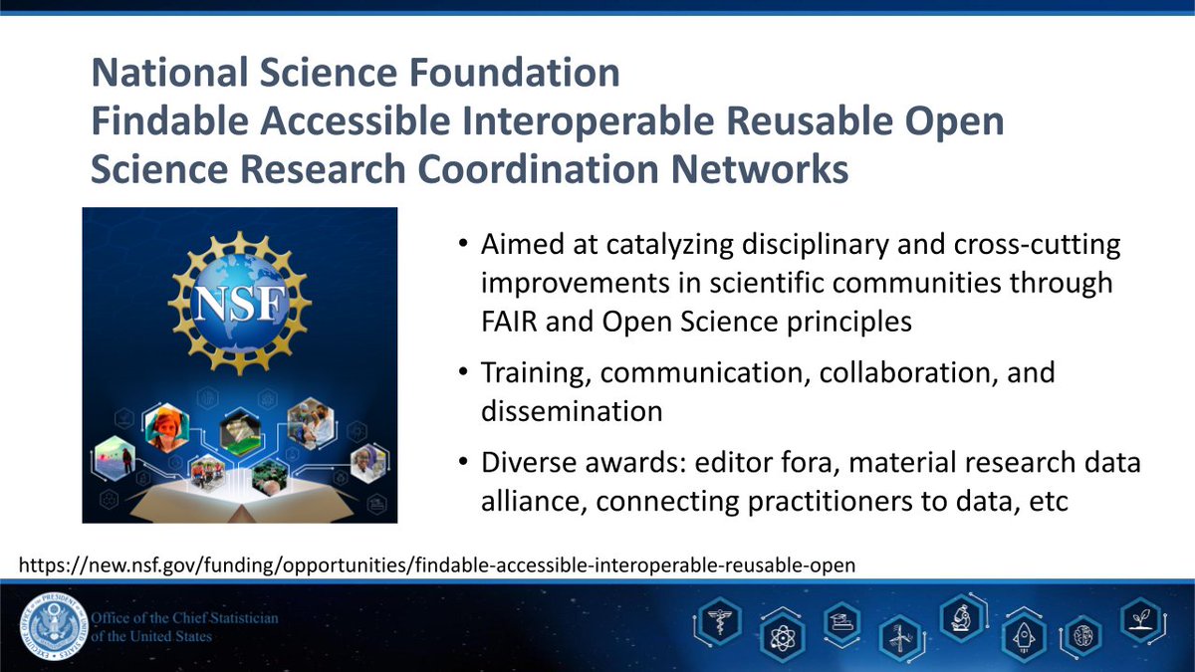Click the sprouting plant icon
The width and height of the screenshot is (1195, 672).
click(1140, 619)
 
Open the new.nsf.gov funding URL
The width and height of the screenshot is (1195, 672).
click(438, 565)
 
